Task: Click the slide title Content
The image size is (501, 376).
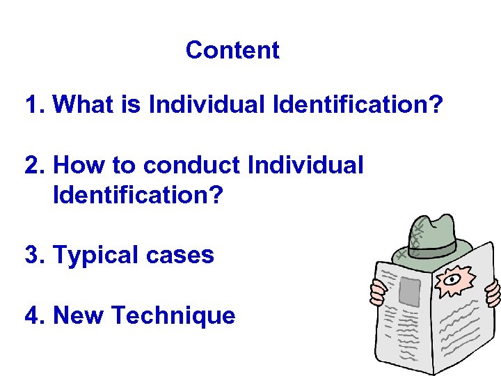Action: (232, 50)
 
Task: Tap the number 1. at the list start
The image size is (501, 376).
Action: (35, 105)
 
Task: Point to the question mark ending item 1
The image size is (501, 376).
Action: (435, 105)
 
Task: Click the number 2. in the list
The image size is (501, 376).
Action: (35, 166)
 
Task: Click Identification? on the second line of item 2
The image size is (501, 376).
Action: (138, 195)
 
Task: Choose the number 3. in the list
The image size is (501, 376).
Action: (35, 255)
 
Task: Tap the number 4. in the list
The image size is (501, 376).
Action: (35, 315)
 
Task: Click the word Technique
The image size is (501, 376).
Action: (173, 315)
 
